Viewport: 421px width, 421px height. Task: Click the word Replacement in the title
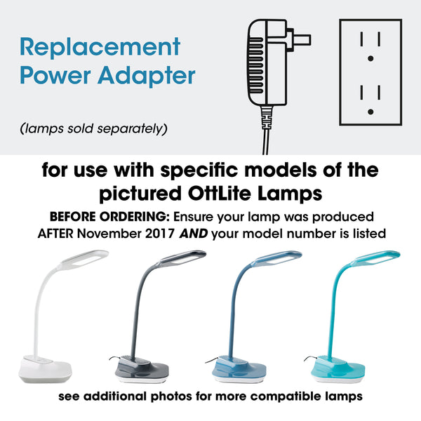tap(100, 47)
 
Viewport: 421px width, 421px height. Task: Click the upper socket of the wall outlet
tap(370, 46)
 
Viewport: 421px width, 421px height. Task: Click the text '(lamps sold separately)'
tap(94, 128)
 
